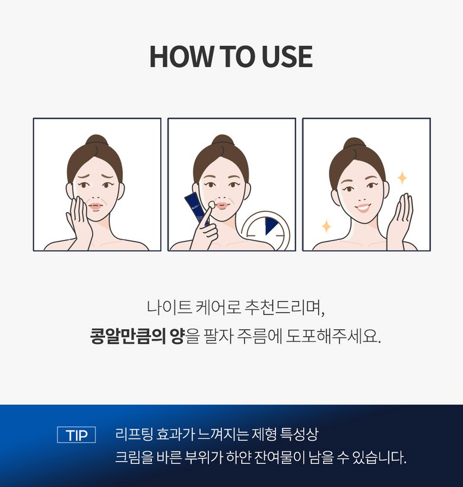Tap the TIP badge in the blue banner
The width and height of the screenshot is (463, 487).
coord(77,435)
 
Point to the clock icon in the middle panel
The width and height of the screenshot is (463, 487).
coord(267,231)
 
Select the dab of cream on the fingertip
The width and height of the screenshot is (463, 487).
coord(211,205)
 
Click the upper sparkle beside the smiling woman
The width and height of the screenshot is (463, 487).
coord(402,177)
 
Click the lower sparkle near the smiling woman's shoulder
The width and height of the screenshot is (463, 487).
coord(326,226)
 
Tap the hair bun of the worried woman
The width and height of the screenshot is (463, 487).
coord(97,141)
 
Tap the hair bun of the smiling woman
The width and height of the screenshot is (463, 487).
coord(354,143)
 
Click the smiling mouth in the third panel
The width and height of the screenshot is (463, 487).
coord(363,207)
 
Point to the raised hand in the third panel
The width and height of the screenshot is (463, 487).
coord(400,221)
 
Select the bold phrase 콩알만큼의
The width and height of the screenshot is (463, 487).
coord(128,336)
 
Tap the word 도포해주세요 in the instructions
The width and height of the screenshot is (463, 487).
coord(333,336)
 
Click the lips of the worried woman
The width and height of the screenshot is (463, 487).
coord(96,206)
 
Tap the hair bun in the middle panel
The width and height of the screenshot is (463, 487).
coord(223,141)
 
